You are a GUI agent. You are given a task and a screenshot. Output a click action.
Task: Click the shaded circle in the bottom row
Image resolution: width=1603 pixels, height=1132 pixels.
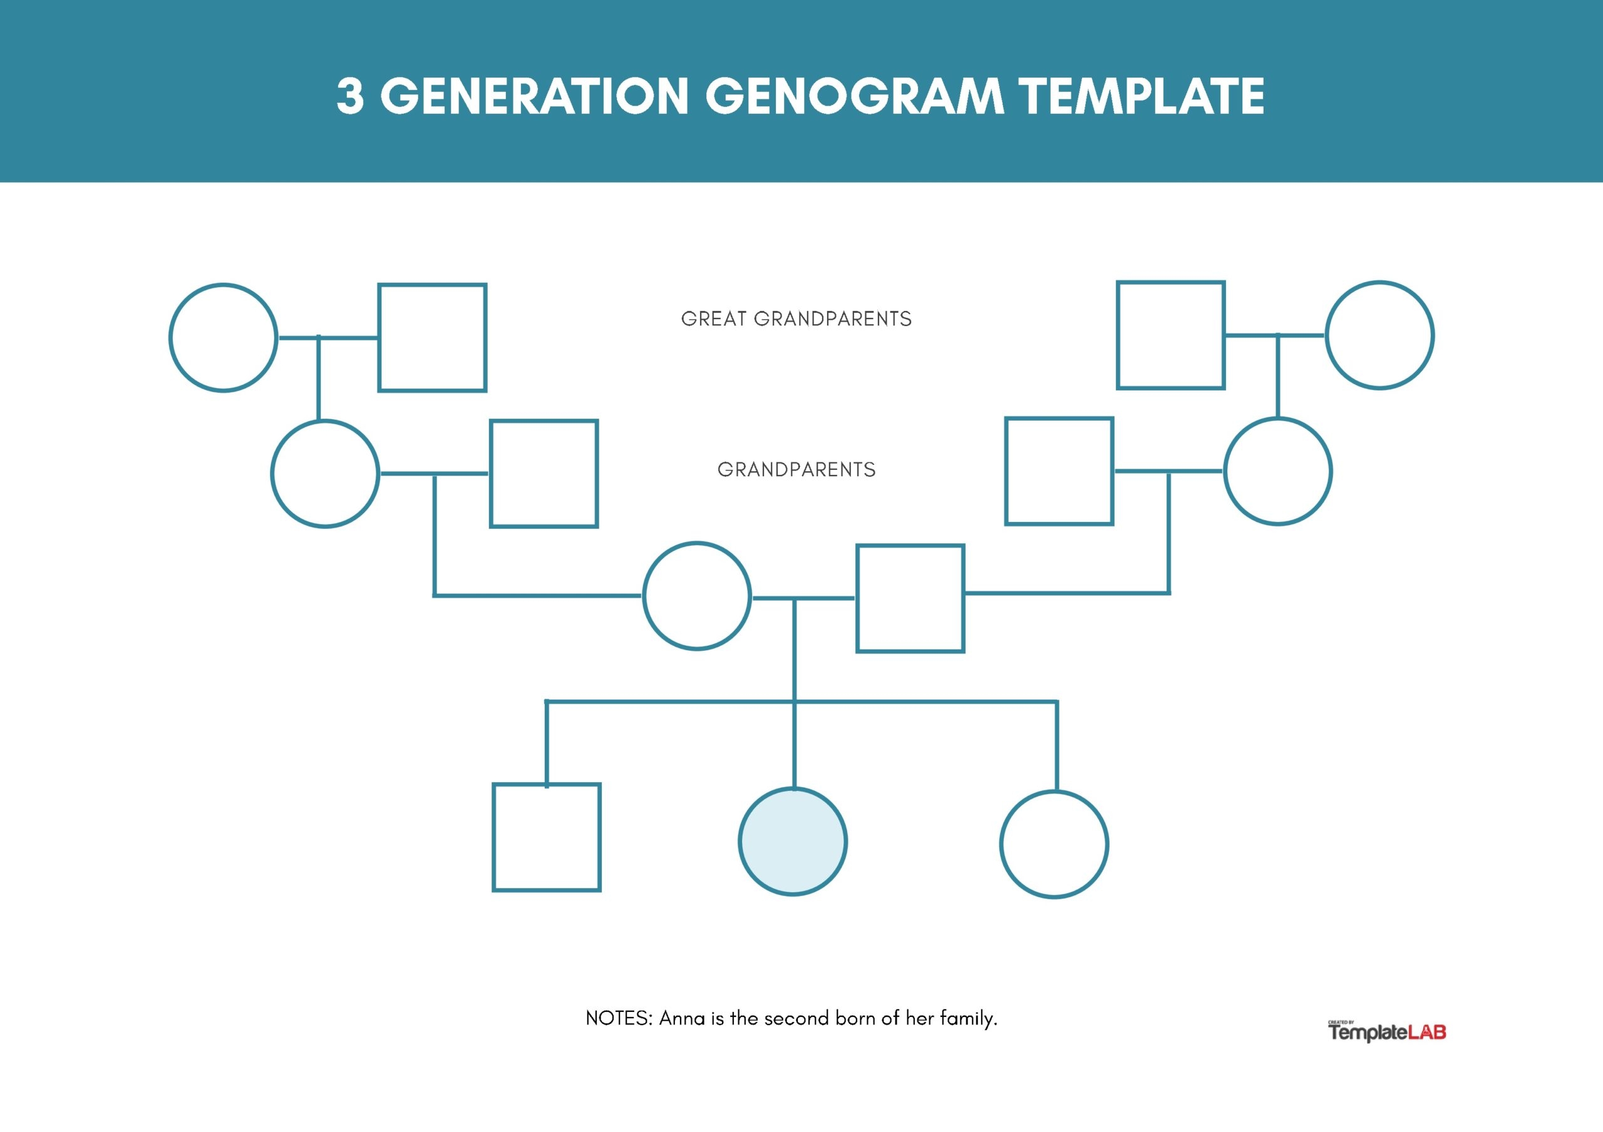coord(793,842)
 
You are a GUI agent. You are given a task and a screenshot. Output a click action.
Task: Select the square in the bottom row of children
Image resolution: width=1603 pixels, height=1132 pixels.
coord(547,837)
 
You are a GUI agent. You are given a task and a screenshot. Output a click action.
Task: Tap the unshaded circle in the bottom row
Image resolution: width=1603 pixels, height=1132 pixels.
coord(1054,845)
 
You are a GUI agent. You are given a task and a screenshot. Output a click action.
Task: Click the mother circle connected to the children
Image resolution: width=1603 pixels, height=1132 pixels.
coord(697,596)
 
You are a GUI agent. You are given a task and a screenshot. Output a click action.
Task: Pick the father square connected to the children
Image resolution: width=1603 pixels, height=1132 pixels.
coord(910,599)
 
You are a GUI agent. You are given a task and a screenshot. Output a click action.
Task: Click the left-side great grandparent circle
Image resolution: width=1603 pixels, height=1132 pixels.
coord(224,338)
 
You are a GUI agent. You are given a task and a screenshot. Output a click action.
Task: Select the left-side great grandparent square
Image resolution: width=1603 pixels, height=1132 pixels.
coord(432,338)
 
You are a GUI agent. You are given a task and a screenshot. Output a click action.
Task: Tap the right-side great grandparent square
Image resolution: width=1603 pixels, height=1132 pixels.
coord(1171,335)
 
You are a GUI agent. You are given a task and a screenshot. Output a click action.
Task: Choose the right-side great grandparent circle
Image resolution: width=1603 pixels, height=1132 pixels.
coord(1379,335)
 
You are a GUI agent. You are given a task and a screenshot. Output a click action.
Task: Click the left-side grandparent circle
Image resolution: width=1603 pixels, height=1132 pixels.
coord(326,474)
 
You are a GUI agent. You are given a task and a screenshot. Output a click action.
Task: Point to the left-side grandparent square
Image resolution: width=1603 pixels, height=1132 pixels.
coord(544,474)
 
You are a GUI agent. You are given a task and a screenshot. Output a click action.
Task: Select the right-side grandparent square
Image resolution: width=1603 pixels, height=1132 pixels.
coord(1059,471)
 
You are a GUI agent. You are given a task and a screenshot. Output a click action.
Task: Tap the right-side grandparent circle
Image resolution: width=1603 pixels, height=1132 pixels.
coord(1277,471)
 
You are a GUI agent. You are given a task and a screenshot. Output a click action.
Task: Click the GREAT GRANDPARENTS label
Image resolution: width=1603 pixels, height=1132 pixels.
coord(796,319)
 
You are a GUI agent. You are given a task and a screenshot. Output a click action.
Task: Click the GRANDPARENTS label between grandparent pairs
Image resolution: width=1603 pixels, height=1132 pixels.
coord(796,470)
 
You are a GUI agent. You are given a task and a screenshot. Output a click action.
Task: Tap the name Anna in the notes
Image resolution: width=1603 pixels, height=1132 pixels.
coord(681,1018)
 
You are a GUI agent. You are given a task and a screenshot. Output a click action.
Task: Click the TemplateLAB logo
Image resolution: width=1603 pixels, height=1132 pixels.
coord(1386,1031)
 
